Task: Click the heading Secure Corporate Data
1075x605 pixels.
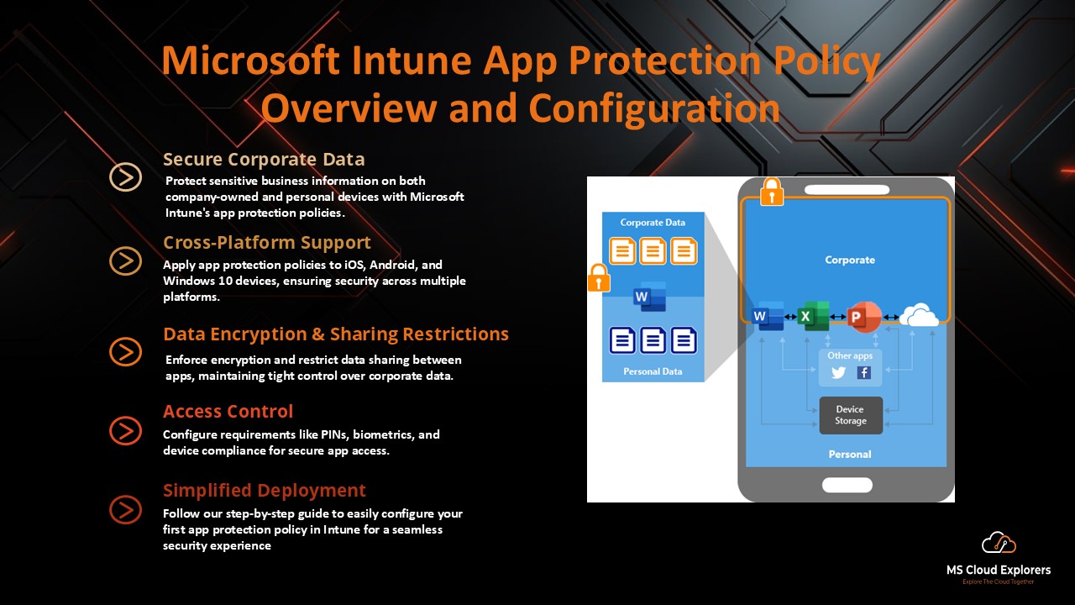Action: point(264,160)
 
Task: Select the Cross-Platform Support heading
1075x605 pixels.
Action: point(266,243)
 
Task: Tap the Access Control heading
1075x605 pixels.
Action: point(228,412)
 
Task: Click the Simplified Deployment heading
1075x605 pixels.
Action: point(264,491)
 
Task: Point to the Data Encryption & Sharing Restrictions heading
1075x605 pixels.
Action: point(335,334)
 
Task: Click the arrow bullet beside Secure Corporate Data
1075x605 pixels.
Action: point(125,176)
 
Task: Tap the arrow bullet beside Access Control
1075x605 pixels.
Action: point(125,430)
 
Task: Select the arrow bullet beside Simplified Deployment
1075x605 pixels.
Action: point(125,509)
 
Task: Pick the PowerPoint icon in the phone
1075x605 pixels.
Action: point(863,316)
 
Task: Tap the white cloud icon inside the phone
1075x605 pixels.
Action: point(918,316)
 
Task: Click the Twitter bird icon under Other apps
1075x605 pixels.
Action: point(837,373)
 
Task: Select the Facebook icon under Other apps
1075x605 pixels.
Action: point(863,373)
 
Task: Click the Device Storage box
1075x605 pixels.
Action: point(850,415)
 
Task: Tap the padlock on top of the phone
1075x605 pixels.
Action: point(771,192)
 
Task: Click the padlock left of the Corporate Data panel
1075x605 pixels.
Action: point(598,278)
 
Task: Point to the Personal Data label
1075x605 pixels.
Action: point(653,371)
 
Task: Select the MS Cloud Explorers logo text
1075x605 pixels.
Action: point(998,571)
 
